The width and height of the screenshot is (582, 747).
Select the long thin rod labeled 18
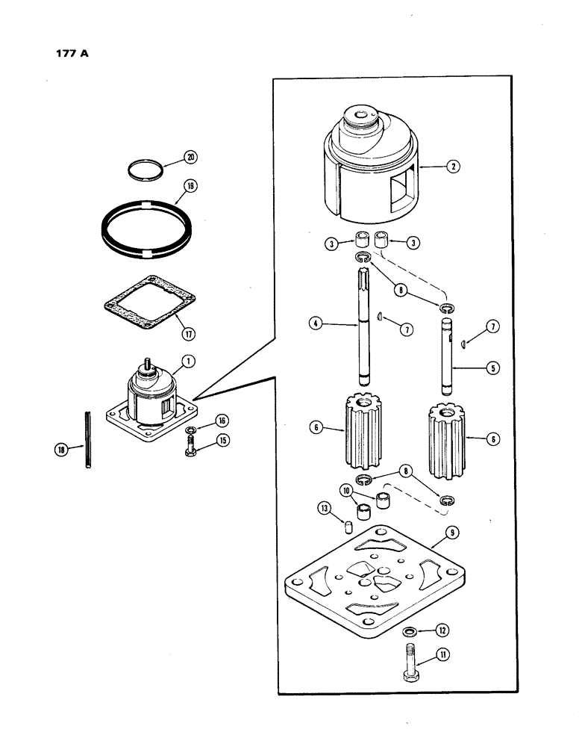pyautogui.click(x=87, y=440)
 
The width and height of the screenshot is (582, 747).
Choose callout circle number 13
pyautogui.click(x=323, y=509)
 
